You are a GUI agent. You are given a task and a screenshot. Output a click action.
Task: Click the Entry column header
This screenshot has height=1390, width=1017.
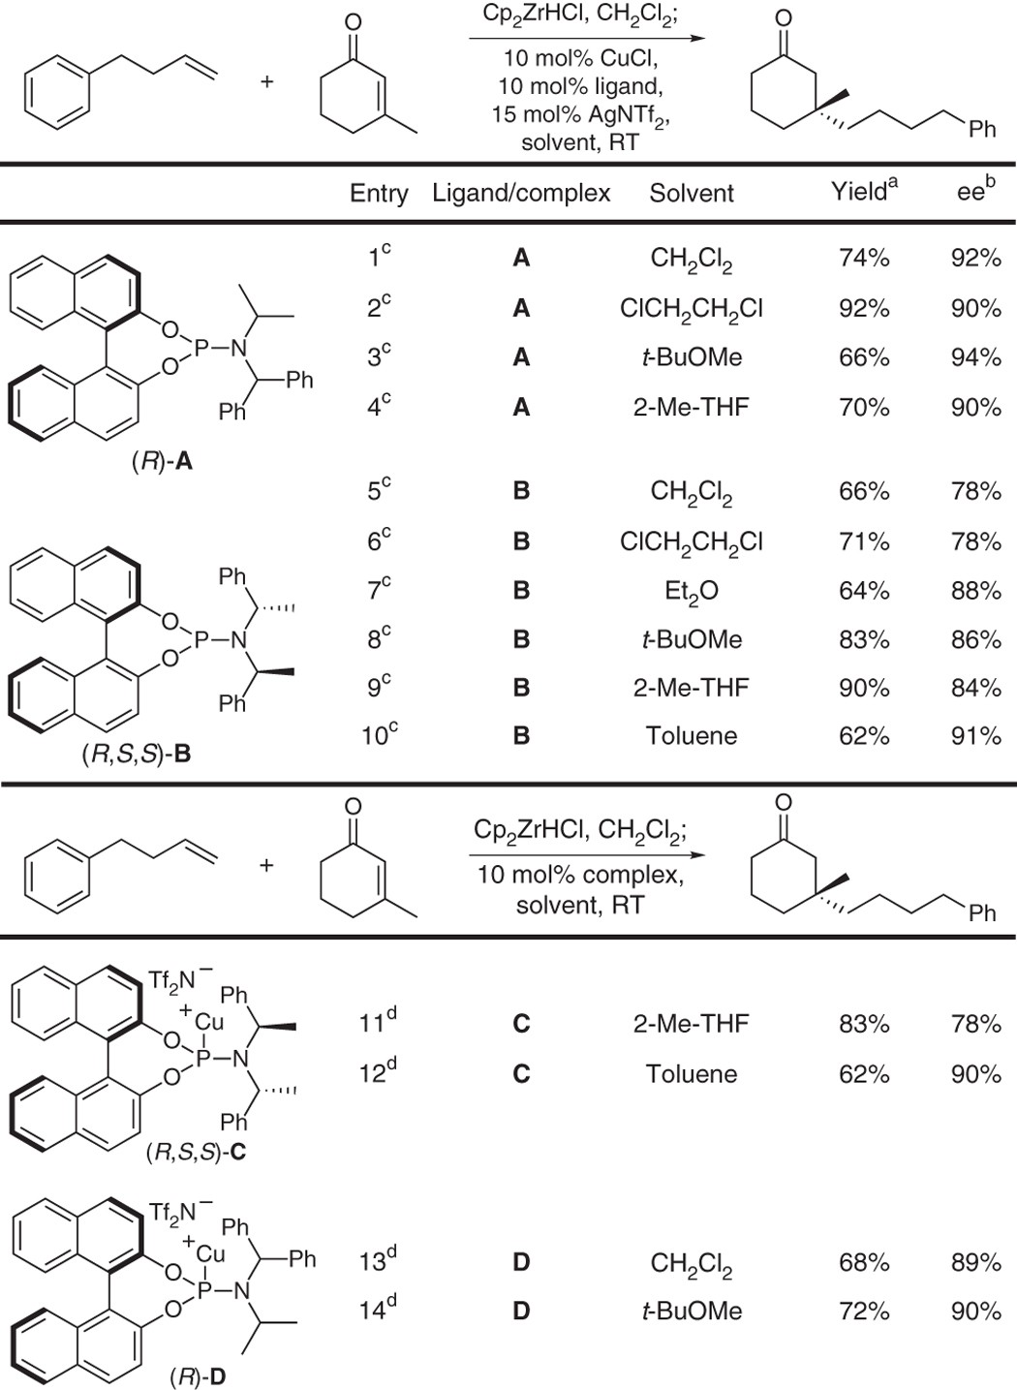tap(379, 194)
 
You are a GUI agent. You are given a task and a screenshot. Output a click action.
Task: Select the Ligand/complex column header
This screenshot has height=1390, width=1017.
tap(521, 194)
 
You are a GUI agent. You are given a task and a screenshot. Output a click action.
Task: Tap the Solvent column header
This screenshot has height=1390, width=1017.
tap(692, 194)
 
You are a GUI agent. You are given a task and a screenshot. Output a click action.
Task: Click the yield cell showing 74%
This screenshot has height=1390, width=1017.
tap(864, 258)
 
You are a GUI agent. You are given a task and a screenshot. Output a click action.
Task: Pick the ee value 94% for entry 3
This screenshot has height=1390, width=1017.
tap(975, 357)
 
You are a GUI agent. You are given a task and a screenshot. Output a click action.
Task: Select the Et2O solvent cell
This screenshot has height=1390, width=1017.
tap(692, 591)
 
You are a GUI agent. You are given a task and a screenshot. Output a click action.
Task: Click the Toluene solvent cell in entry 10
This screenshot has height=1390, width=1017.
tap(692, 736)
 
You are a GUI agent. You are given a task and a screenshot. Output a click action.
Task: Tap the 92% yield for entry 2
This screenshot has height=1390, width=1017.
tap(864, 308)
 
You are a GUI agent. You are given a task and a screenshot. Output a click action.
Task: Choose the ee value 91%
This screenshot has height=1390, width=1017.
tap(975, 736)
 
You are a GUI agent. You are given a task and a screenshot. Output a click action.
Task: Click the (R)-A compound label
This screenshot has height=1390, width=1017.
tap(162, 462)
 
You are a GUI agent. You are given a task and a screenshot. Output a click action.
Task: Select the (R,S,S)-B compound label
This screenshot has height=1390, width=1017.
tap(136, 753)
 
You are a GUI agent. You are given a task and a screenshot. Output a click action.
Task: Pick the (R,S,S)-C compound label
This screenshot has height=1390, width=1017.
tap(195, 1153)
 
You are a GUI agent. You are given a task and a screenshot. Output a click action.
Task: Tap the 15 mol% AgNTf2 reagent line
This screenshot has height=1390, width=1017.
tap(580, 115)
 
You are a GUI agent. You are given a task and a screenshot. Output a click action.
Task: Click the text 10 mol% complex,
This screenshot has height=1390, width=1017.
tap(580, 876)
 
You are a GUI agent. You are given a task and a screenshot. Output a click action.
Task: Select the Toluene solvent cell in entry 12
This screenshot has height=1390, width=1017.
tap(692, 1074)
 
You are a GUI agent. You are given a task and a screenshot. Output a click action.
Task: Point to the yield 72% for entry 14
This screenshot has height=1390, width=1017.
tap(864, 1312)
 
